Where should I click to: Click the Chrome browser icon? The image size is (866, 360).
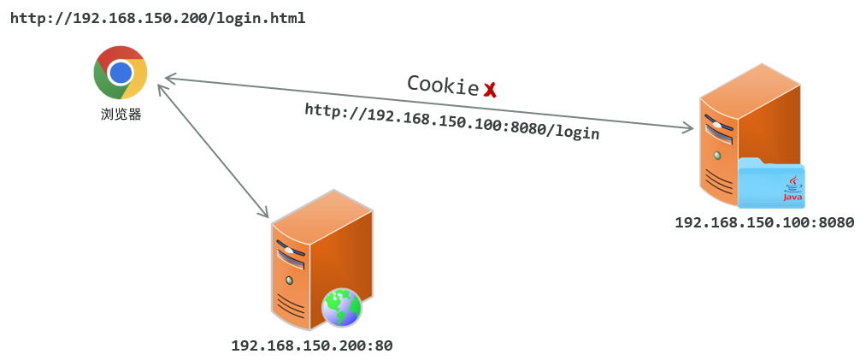[121, 73]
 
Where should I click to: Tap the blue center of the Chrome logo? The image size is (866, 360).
[121, 72]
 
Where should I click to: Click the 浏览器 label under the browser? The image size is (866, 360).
[121, 114]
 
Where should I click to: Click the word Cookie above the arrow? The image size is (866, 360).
[442, 84]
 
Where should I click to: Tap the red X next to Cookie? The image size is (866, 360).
[491, 89]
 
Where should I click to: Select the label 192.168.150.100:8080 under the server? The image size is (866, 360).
[764, 223]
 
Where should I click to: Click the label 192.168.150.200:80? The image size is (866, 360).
[311, 346]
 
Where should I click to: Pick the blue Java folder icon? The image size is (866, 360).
[771, 184]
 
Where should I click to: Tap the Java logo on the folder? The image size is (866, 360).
[793, 188]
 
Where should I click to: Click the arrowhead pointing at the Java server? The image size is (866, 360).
[688, 128]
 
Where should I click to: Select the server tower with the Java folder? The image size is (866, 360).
[744, 137]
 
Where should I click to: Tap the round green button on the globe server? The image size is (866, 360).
[290, 280]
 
